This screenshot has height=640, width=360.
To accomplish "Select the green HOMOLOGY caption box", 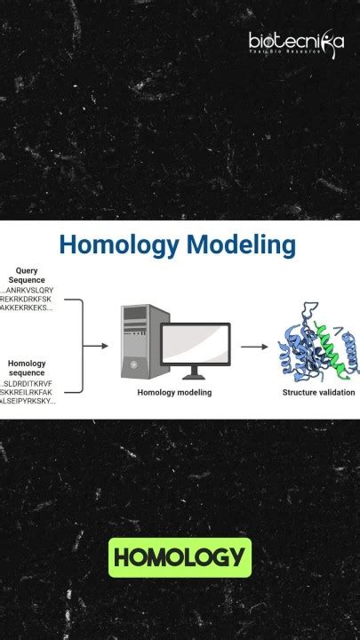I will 180,557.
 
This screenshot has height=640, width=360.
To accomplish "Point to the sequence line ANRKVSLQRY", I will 28,290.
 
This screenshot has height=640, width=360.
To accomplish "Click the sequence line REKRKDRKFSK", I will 27,299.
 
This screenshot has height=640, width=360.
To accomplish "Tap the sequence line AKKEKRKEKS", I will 27,308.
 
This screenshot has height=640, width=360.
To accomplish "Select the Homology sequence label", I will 27,367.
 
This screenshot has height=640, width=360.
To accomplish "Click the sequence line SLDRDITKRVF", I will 28,383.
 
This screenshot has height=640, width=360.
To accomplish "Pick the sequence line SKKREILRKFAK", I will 27,392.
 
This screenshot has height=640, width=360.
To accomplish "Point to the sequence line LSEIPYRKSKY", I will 28,401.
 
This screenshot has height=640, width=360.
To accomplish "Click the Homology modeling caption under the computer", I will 174,392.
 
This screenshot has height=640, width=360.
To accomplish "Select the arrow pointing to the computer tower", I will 96,345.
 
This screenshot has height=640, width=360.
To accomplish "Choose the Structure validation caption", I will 318,392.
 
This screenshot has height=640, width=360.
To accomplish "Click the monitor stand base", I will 196,377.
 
